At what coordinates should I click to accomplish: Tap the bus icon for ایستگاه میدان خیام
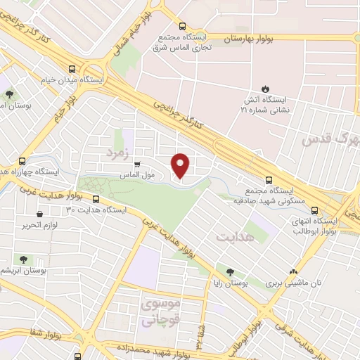pos(72,69)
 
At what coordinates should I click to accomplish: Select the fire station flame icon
pos(265,89)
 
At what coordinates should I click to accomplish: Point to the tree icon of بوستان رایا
pos(231,271)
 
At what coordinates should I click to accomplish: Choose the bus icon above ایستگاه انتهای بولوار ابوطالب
pos(314,209)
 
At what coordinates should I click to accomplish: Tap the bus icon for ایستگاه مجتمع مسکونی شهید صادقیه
pos(269,180)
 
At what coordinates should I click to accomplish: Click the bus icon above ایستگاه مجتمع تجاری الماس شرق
pos(183,25)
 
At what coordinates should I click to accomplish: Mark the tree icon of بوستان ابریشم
pos(24,259)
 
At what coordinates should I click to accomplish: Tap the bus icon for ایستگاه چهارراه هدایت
pos(23,160)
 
